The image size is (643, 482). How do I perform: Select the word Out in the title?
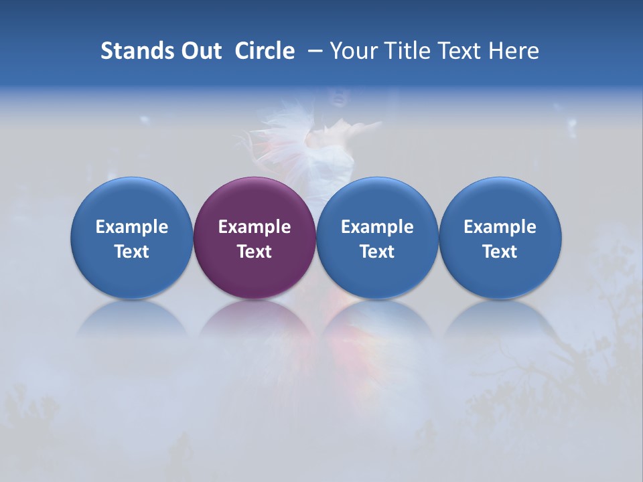[200, 51]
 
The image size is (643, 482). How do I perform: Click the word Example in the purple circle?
[255, 227]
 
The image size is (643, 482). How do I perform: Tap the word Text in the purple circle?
[255, 252]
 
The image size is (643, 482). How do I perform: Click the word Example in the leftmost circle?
[132, 227]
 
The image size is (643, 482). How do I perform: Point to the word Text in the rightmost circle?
[500, 252]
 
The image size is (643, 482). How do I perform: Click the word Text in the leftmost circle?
[132, 252]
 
